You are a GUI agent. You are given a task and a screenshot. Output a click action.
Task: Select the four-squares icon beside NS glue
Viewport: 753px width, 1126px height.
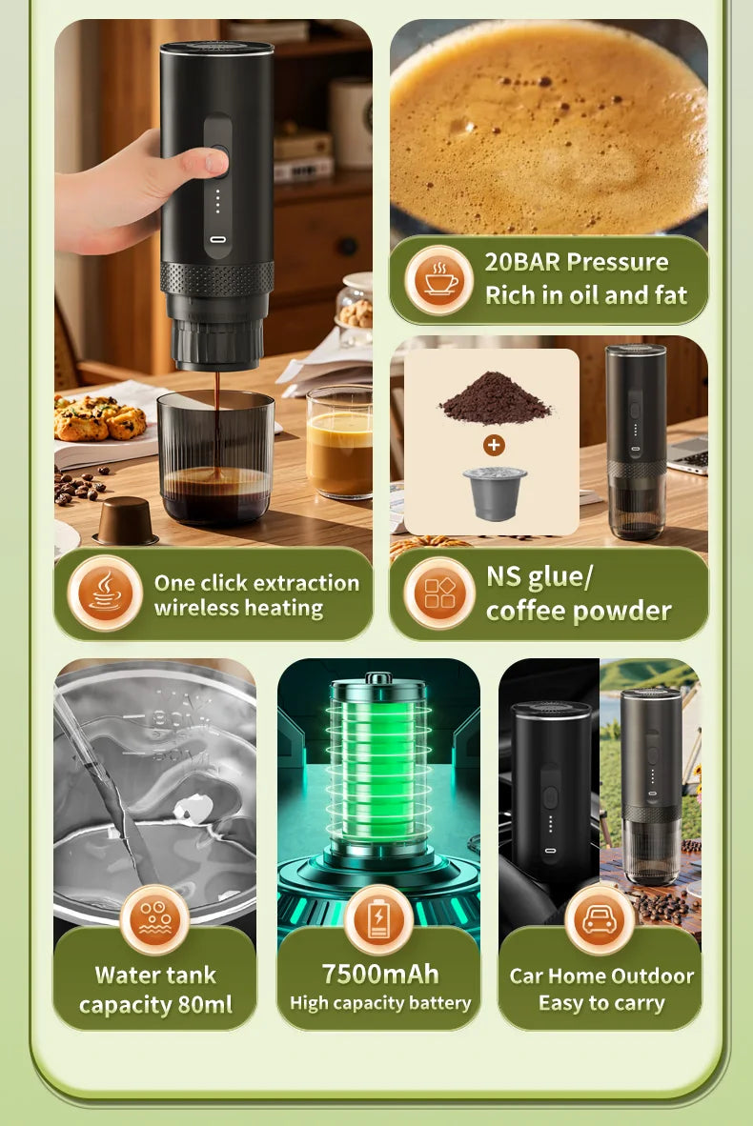(439, 593)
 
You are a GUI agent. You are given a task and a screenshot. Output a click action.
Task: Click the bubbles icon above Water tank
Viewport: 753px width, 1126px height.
(154, 919)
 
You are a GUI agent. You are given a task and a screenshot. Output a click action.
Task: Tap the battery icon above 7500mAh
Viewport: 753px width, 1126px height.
(378, 920)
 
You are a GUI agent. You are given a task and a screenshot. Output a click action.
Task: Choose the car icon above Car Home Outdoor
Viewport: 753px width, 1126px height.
(600, 920)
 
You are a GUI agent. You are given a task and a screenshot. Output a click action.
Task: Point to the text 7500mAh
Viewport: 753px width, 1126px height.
(379, 974)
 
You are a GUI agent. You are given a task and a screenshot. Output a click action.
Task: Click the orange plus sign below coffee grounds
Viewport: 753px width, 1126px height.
(494, 445)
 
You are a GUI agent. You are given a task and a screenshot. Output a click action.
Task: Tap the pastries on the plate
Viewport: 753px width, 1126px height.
(101, 416)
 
